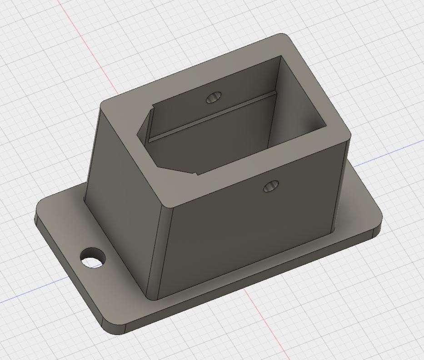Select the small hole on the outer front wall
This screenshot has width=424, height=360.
[x=271, y=186]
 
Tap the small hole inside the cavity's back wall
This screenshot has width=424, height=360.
[x=214, y=97]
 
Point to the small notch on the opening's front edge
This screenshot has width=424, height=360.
[x=197, y=172]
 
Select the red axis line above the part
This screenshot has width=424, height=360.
[x=86, y=45]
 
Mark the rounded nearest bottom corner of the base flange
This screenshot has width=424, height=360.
[x=114, y=330]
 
